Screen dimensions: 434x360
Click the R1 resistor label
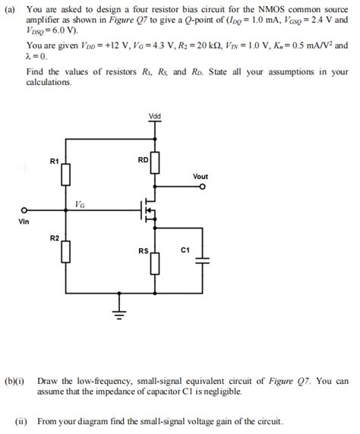(x=54, y=161)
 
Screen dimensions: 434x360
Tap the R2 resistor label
(x=55, y=238)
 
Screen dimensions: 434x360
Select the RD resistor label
(x=144, y=160)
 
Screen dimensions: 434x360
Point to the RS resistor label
(x=144, y=250)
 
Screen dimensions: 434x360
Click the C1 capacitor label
(x=185, y=249)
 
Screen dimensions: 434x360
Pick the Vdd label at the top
(x=156, y=116)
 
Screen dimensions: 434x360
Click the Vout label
(x=201, y=177)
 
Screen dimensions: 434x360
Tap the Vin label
(x=24, y=222)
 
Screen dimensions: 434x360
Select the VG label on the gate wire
(x=80, y=204)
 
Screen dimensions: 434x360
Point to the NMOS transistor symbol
(x=149, y=211)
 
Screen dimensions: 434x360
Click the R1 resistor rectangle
(x=65, y=175)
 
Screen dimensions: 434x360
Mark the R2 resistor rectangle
(x=65, y=252)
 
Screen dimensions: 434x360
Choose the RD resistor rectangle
(x=156, y=162)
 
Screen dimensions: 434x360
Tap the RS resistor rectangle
(x=156, y=263)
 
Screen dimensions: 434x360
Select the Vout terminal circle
(x=201, y=189)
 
